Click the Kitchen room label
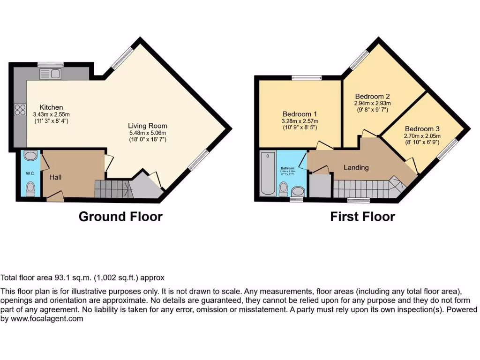point(51,107)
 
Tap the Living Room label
point(148,126)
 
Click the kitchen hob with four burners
point(20,110)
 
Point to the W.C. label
point(30,173)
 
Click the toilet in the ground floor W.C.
point(30,188)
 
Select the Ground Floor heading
point(120,217)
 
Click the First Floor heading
point(362,217)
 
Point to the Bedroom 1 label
point(300,114)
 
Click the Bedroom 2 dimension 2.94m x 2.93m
point(372,103)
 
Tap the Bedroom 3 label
point(422,129)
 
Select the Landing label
point(356,167)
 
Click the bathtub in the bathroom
point(268,173)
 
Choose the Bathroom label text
point(287,168)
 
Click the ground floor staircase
point(112,189)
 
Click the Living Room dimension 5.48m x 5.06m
point(148,133)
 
